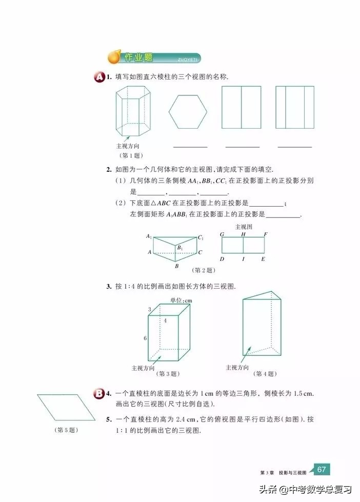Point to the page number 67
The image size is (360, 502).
pos(322,469)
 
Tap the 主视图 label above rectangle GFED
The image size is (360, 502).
pos(243,227)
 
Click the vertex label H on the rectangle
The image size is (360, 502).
pos(243,234)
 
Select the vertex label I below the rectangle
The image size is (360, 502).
pos(243,259)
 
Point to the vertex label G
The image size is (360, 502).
pos(222,234)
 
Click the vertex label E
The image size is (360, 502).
pos(264,259)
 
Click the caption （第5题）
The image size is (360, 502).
pos(66,430)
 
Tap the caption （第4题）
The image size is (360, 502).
pos(265,373)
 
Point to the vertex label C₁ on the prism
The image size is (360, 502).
pos(201,237)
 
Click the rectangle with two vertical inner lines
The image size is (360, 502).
pos(294,107)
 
